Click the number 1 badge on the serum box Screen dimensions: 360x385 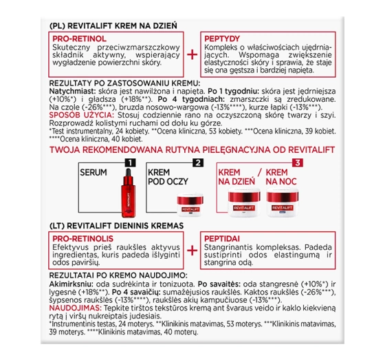pyautogui.click(x=127, y=163)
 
